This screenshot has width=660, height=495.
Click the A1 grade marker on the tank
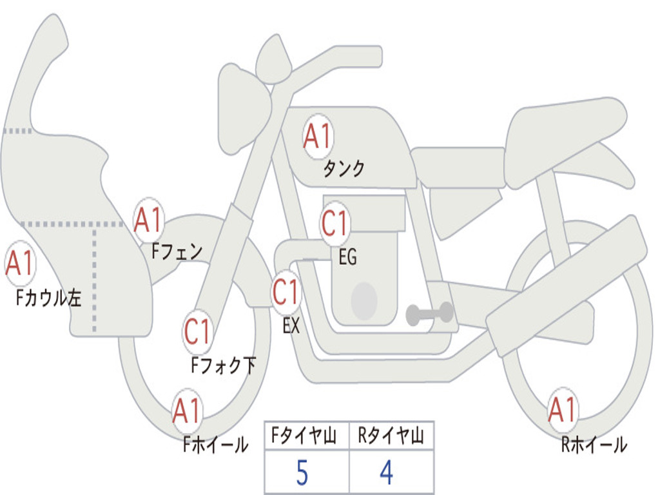click(x=318, y=137)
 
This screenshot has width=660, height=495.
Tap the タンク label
click(x=344, y=168)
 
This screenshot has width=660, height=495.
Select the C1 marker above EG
click(x=335, y=222)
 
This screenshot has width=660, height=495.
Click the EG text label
click(x=347, y=257)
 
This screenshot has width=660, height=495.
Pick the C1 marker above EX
click(x=286, y=292)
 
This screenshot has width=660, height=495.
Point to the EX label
click(x=291, y=325)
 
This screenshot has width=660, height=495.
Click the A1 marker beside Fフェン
click(x=148, y=220)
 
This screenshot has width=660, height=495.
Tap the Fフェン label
click(x=177, y=252)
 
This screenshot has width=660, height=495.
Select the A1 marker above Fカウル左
click(x=20, y=264)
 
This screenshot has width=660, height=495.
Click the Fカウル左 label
click(x=48, y=298)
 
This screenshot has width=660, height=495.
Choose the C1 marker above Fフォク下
click(x=197, y=331)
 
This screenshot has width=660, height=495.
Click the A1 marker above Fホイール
click(x=186, y=411)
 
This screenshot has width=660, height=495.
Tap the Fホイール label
click(x=215, y=445)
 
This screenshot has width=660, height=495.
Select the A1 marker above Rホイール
click(x=562, y=410)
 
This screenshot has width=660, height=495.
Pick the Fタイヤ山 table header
click(x=304, y=436)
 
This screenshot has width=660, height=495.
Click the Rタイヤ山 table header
click(x=391, y=436)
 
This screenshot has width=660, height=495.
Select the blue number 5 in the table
click(x=302, y=472)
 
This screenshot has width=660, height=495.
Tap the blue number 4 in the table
click(x=387, y=472)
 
